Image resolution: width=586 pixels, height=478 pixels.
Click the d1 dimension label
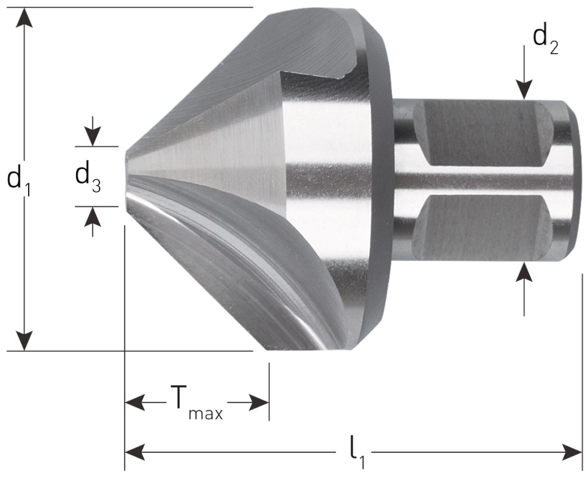tap(19, 180)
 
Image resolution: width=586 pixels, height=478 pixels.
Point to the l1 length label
tap(357, 455)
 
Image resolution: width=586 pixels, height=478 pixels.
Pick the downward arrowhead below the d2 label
tap(524, 90)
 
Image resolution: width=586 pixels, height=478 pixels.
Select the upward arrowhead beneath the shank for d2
tap(524, 272)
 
